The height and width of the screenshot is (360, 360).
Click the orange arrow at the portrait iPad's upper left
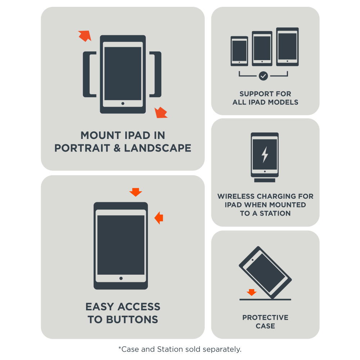pyautogui.click(x=85, y=36)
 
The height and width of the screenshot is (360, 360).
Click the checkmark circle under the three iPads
pyautogui.click(x=264, y=76)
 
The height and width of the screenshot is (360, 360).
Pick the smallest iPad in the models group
pyautogui.click(x=239, y=51)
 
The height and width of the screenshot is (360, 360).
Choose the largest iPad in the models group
pyautogui.click(x=287, y=47)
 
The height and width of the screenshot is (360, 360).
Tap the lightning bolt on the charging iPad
pyautogui.click(x=265, y=154)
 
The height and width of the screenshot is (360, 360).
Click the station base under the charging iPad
pyautogui.click(x=265, y=180)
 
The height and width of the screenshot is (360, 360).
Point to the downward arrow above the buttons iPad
pyautogui.click(x=136, y=192)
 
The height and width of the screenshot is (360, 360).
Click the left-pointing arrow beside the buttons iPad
pyautogui.click(x=159, y=218)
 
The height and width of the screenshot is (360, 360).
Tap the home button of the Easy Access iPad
pyautogui.click(x=121, y=279)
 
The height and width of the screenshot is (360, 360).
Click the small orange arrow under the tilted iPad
pyautogui.click(x=252, y=292)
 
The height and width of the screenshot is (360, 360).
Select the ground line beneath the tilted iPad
pyautogui.click(x=265, y=300)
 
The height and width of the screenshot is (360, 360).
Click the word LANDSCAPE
pyautogui.click(x=158, y=148)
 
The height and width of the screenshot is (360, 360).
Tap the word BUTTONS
pyautogui.click(x=132, y=320)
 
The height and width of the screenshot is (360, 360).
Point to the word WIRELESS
pyautogui.click(x=236, y=196)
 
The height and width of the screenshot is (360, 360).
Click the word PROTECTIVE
pyautogui.click(x=265, y=318)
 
